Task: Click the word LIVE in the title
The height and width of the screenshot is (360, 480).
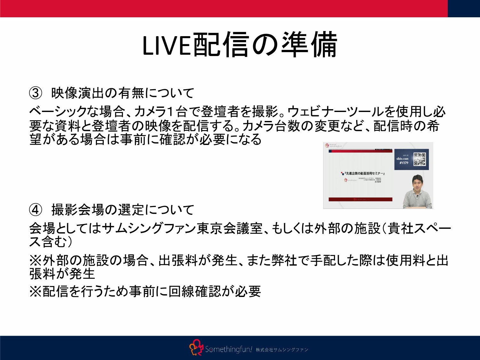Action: click(x=166, y=45)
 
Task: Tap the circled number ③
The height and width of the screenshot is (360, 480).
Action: click(x=36, y=93)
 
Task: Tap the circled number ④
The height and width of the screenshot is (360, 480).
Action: click(x=36, y=210)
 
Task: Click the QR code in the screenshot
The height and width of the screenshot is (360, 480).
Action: click(x=419, y=159)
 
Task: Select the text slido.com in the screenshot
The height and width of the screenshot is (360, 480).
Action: click(x=402, y=159)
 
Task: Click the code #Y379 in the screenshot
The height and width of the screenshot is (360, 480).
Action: click(x=404, y=163)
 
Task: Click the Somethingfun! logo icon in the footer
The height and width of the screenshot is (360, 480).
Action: click(x=196, y=348)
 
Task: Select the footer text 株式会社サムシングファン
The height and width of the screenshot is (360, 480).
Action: click(x=282, y=350)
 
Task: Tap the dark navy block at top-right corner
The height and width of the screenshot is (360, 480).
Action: click(x=464, y=8)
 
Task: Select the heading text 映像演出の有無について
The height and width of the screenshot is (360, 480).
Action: click(x=123, y=93)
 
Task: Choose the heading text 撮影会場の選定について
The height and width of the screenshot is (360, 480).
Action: click(x=123, y=210)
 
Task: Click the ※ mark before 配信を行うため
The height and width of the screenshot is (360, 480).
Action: click(x=35, y=292)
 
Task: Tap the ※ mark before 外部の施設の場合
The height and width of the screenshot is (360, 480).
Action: click(x=35, y=260)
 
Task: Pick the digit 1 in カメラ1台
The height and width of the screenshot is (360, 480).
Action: click(x=170, y=112)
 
